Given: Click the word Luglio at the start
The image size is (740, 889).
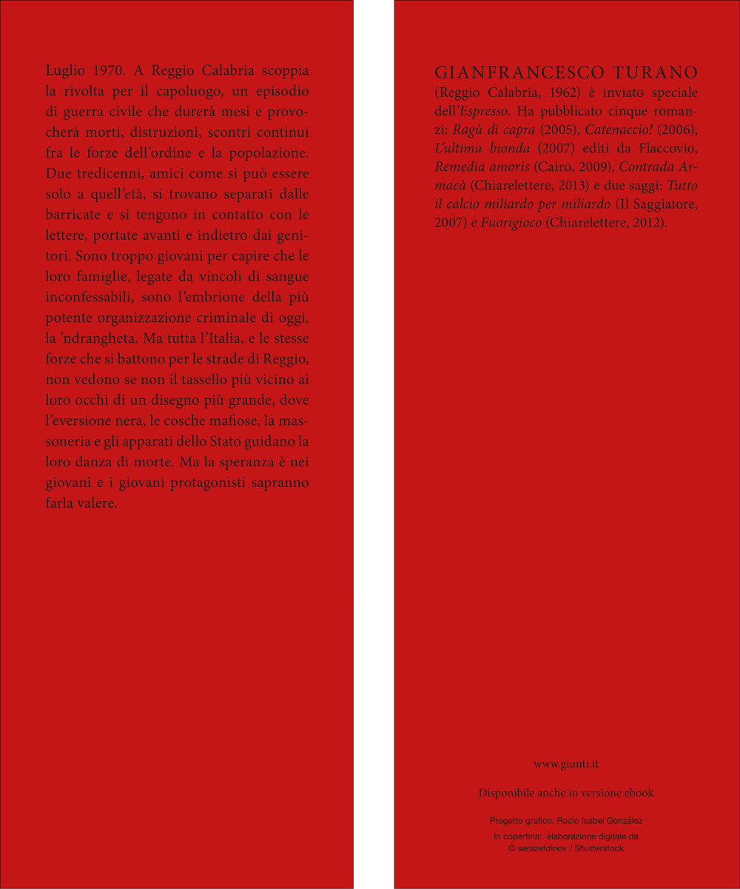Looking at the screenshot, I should [x=65, y=72].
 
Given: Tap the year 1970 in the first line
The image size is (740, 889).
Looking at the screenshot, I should [x=110, y=72].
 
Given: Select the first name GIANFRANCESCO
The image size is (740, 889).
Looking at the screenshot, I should [x=517, y=73].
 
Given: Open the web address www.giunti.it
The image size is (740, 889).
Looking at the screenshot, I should [x=567, y=764].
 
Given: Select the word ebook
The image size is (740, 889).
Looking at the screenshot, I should [x=639, y=793].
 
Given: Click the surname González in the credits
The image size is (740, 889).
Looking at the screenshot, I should [x=622, y=821].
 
